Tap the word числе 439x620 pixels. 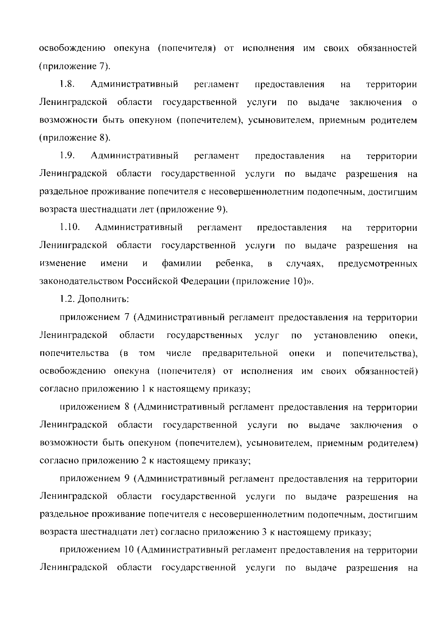179,353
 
